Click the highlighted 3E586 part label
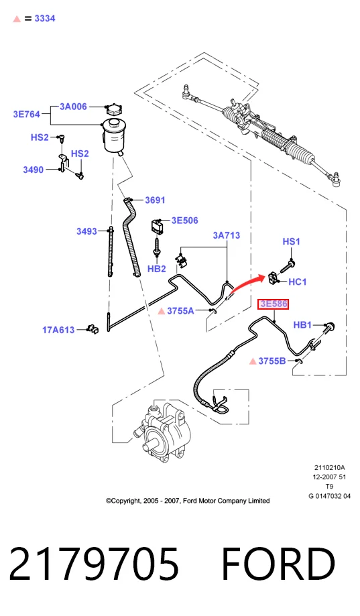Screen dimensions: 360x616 point(273,304)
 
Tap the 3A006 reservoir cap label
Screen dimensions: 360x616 point(73,107)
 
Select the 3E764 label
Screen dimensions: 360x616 point(27,115)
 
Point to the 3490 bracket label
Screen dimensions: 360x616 point(34,170)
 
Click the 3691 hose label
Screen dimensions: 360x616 point(155,200)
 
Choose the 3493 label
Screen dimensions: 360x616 point(86,231)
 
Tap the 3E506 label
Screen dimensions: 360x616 point(185,221)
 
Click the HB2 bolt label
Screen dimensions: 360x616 point(156,269)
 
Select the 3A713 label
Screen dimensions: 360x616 point(227,235)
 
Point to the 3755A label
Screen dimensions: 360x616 point(180,311)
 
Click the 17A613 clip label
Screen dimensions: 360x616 point(58,330)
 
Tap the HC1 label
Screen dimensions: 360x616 point(298,282)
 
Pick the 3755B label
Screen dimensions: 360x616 point(272,361)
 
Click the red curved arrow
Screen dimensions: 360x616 point(247,284)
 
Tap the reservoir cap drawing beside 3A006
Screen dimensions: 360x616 point(113,109)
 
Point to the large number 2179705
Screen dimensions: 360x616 point(94,564)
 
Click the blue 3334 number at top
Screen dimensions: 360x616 point(45,19)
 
